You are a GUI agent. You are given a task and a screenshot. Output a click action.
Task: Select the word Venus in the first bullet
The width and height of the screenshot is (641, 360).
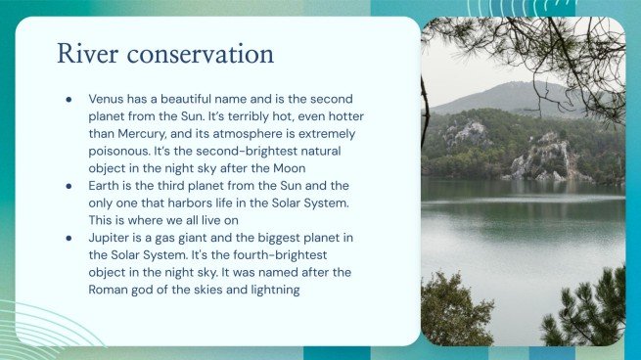pos(107,100)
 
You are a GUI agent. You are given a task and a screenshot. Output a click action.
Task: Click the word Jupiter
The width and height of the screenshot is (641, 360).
pos(109,235)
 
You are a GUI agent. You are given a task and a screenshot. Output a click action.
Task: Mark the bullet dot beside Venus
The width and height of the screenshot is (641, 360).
pos(69,100)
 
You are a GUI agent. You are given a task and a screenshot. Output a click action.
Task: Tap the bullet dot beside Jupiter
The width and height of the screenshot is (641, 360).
pos(69,235)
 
